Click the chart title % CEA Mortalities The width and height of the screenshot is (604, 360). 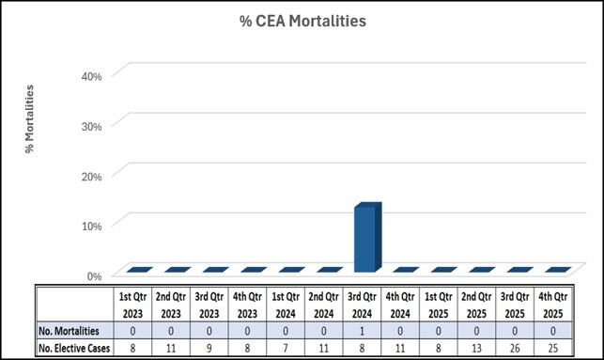(301, 21)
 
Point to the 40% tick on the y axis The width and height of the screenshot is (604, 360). (88, 74)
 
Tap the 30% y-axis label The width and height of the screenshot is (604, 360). (88, 125)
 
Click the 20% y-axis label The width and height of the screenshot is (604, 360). (88, 176)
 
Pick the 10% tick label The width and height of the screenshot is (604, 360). (88, 226)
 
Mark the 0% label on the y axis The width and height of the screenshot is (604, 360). (92, 276)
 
